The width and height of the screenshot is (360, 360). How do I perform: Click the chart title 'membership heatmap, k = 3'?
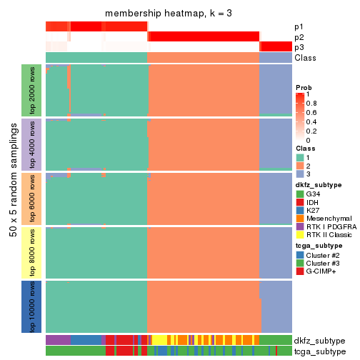tap(169, 14)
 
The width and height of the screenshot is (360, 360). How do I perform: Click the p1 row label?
tap(299, 26)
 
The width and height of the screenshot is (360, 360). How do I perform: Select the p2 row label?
tap(299, 36)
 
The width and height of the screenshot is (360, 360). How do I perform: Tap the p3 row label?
tap(299, 47)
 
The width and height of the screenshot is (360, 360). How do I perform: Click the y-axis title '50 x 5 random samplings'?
tap(13, 198)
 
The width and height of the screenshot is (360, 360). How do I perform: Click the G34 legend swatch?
tap(300, 194)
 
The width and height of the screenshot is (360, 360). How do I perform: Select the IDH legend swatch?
tap(300, 202)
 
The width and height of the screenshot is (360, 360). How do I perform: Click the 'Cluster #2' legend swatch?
tap(300, 254)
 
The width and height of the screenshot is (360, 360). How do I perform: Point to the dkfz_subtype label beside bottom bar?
tap(320, 340)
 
